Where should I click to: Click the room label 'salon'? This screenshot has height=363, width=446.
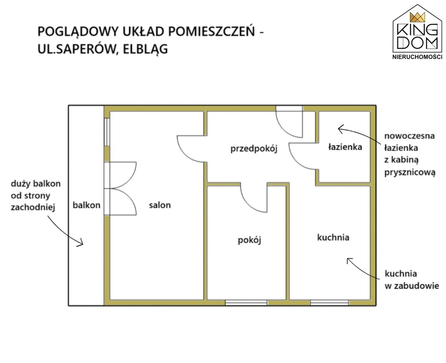click(159, 205)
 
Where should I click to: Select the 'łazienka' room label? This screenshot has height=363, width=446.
click(345, 147)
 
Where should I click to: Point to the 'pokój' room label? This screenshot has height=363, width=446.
click(250, 240)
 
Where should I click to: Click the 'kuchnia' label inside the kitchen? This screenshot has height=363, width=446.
click(333, 237)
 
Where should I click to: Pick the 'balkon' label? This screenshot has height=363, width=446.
click(86, 205)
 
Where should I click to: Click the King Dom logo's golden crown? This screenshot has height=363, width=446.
click(417, 18)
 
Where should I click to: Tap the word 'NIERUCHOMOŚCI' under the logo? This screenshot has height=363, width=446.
click(417, 57)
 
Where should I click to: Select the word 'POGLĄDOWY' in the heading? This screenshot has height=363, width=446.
click(73, 32)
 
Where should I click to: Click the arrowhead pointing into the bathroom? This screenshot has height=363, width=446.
click(340, 129)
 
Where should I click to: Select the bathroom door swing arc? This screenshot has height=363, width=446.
click(300, 157)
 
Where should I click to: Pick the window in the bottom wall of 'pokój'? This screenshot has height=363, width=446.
click(246, 302)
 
